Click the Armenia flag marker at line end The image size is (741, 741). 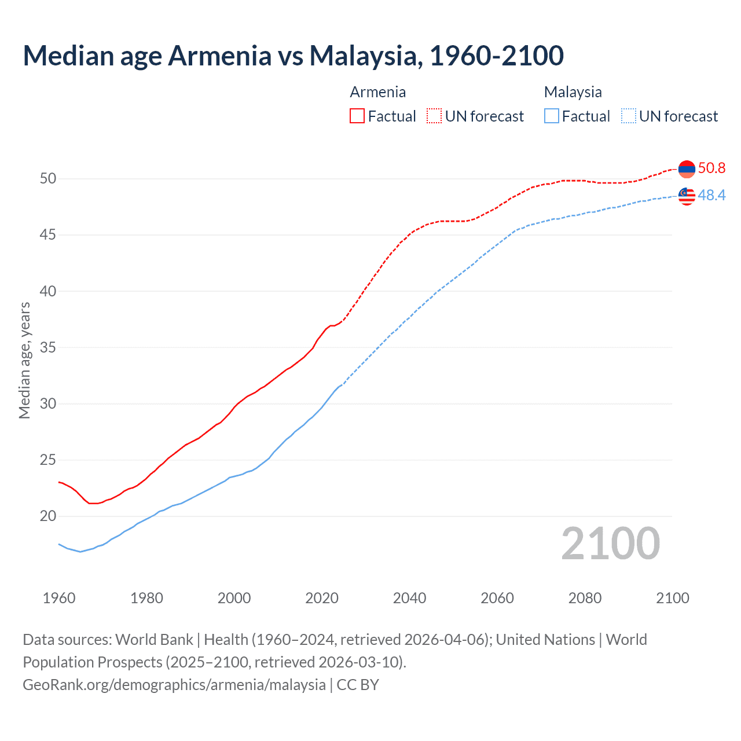[687, 169]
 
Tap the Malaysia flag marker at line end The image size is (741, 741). [687, 196]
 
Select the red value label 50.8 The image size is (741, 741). [711, 168]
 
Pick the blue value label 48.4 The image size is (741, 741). [711, 196]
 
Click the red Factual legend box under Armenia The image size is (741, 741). [357, 116]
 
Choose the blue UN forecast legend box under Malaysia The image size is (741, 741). [629, 116]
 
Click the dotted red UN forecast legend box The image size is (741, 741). [434, 116]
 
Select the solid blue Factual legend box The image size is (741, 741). [552, 116]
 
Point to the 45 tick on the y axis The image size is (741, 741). [48, 235]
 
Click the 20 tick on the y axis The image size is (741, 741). [48, 516]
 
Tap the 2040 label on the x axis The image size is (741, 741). [409, 598]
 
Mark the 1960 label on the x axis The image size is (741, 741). [59, 598]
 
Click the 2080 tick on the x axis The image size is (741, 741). [585, 598]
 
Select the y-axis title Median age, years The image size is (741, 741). [24, 360]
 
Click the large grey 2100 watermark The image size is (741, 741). [610, 543]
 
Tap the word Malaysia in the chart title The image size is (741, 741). [363, 56]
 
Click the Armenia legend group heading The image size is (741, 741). [378, 92]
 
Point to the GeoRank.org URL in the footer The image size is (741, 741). [174, 685]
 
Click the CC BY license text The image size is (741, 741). [358, 685]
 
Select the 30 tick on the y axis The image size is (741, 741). [48, 404]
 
